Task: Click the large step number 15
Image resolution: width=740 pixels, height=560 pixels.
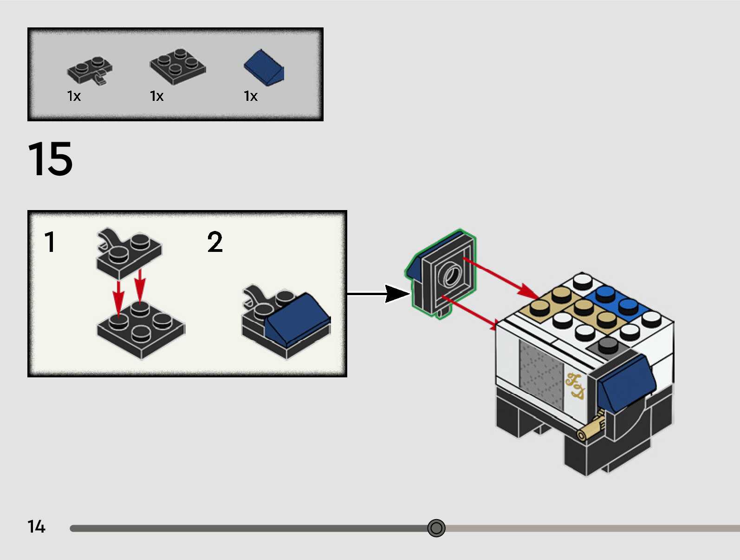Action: [x=50, y=159]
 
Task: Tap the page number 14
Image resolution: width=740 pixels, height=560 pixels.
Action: [x=36, y=527]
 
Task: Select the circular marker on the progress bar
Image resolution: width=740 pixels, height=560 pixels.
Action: [x=436, y=528]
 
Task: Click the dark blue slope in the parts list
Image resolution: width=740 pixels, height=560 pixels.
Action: [x=264, y=67]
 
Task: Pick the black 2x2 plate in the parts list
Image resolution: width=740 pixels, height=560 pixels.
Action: [x=177, y=66]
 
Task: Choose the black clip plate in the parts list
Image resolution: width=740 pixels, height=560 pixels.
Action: [x=90, y=70]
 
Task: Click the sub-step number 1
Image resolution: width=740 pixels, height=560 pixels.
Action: [x=50, y=242]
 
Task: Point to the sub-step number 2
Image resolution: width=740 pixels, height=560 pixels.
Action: [x=215, y=242]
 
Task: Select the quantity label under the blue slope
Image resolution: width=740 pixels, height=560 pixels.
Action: [x=251, y=96]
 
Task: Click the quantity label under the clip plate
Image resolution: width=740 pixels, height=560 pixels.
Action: [x=74, y=96]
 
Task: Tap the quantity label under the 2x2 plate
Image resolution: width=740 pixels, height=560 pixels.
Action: [x=157, y=96]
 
